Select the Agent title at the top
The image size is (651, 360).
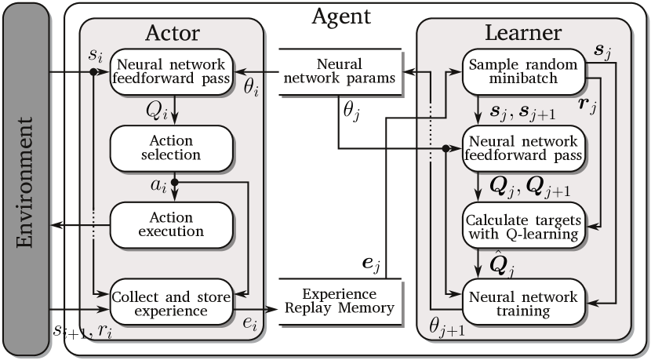coord(341,15)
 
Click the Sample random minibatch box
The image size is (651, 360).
coord(524,71)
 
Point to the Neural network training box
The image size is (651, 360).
coord(524,304)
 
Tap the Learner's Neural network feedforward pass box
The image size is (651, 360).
coord(524,149)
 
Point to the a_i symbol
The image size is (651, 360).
coord(158,185)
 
